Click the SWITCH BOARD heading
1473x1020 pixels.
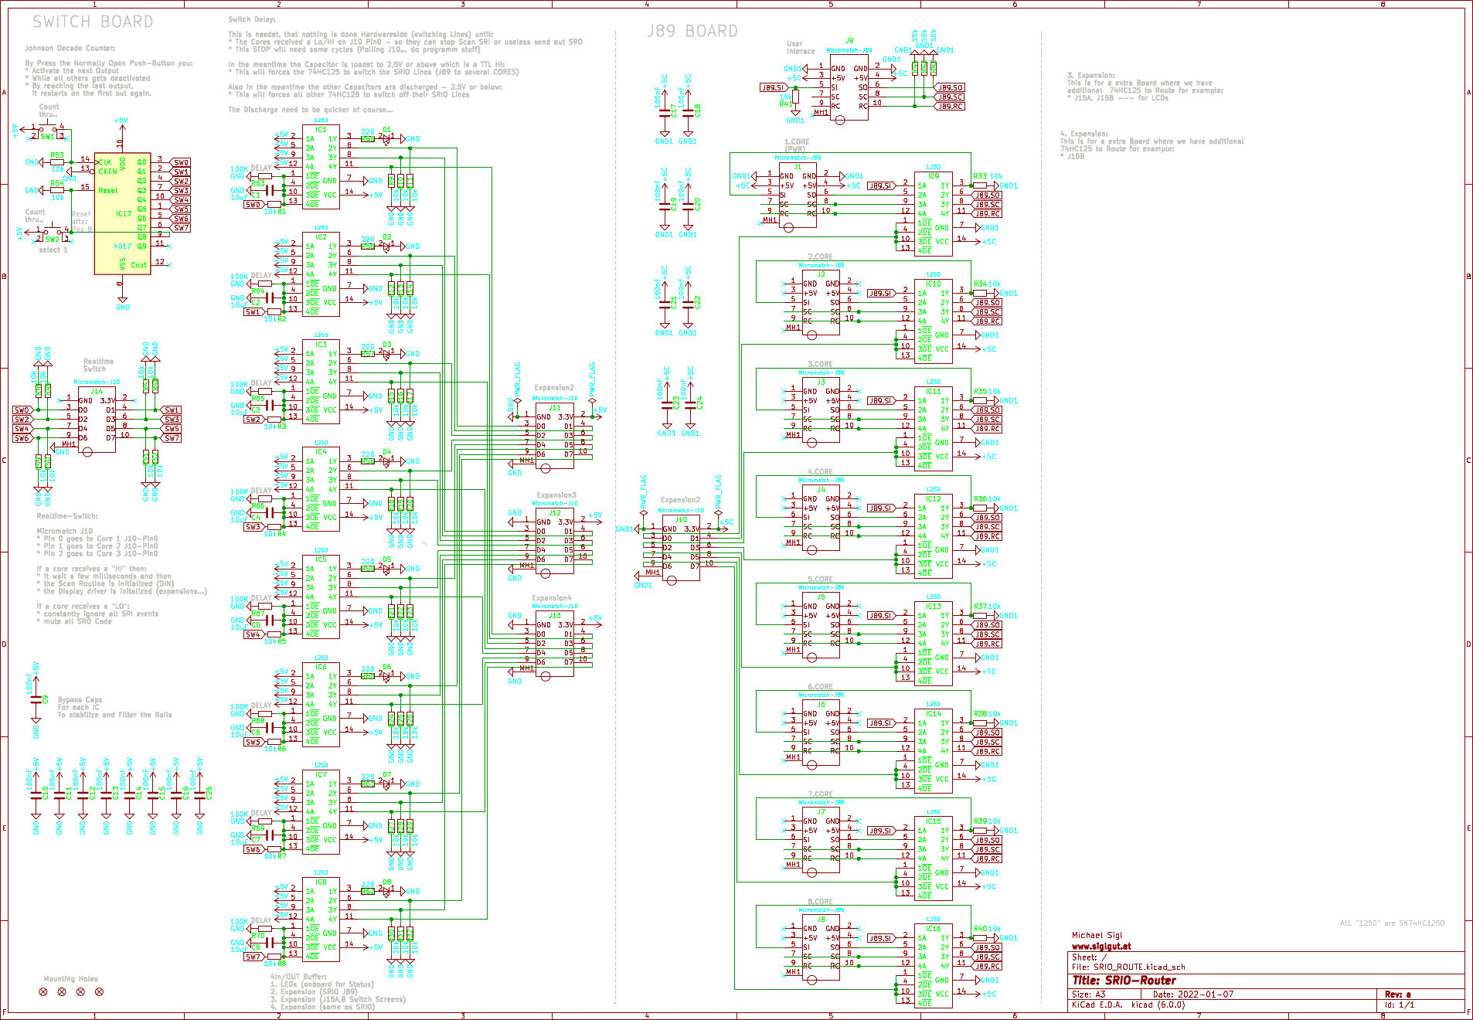pos(93,22)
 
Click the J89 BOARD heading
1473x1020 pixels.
pos(692,32)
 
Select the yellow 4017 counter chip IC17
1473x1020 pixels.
pos(122,212)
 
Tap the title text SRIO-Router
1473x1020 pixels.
pos(1124,980)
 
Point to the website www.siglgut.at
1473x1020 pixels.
pos(1100,946)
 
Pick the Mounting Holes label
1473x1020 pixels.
pos(70,978)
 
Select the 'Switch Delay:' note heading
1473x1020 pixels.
pos(251,19)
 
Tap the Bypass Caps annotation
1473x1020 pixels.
pos(80,699)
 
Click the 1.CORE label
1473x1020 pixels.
pos(797,142)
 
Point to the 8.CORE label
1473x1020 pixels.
pos(820,901)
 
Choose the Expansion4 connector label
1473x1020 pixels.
pos(551,598)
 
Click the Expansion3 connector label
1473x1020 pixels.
pos(556,495)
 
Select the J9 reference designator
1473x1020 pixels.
pos(849,40)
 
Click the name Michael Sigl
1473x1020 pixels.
pos(1097,935)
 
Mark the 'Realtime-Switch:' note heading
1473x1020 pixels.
pos(67,515)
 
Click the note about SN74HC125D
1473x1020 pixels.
pos(1391,923)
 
